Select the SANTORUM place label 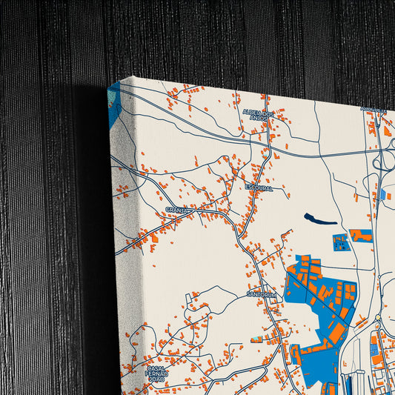click(262, 294)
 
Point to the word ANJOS click(258, 118)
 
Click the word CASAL click(156, 368)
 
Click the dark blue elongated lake click(319, 219)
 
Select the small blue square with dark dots click(339, 242)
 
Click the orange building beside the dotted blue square click(361, 236)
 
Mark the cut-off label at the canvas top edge click(374, 110)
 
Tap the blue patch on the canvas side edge click(112, 104)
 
